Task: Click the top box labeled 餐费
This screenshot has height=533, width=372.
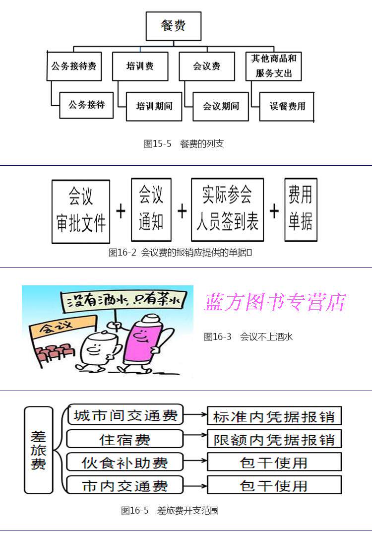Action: (173, 26)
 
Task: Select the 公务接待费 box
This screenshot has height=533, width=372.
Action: (74, 66)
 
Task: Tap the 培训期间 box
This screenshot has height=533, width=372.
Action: (154, 106)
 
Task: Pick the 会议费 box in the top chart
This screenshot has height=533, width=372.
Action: (206, 66)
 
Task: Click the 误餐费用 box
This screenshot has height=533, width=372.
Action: (287, 106)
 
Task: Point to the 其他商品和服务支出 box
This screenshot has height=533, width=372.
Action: (273, 66)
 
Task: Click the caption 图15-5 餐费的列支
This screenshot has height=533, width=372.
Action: (184, 144)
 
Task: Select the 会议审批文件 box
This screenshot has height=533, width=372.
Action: (81, 211)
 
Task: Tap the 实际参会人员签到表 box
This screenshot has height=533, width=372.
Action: (227, 210)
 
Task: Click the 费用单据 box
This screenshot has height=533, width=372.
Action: (301, 210)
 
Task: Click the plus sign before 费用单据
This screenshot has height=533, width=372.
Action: (274, 211)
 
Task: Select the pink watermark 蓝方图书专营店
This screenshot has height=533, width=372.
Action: (276, 302)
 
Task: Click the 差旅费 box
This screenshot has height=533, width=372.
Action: (39, 450)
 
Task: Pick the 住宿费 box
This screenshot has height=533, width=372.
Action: (124, 439)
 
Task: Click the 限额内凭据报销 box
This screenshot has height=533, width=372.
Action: (274, 439)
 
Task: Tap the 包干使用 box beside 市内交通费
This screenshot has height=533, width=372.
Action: (274, 485)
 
